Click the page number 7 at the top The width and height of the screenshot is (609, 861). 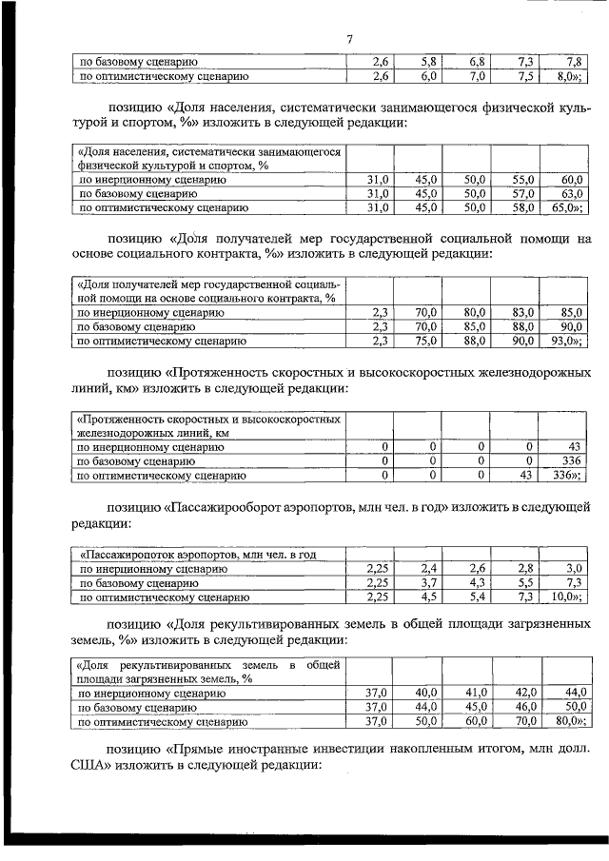[x=349, y=39]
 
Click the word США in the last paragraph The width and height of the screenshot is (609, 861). [x=89, y=765]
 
